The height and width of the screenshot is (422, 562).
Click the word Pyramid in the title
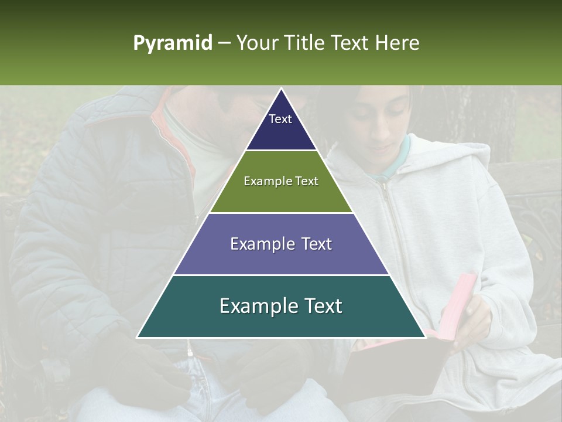click(x=172, y=43)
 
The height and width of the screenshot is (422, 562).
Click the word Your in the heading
click(x=256, y=43)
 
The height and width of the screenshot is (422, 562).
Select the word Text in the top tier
click(x=280, y=119)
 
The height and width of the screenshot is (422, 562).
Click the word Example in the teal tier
click(x=253, y=306)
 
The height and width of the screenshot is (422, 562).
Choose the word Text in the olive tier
click(x=307, y=181)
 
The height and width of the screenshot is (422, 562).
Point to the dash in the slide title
click(x=224, y=43)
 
